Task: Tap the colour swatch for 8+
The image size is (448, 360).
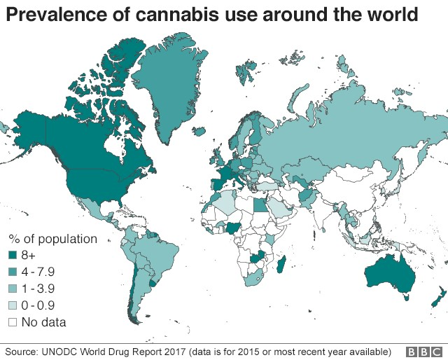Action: (12, 256)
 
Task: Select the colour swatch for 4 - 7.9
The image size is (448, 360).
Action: (12, 272)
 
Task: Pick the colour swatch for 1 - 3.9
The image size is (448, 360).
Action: (12, 289)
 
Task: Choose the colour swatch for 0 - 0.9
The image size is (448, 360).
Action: (12, 306)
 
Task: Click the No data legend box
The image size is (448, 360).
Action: (12, 323)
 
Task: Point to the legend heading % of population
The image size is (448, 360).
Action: (52, 239)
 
